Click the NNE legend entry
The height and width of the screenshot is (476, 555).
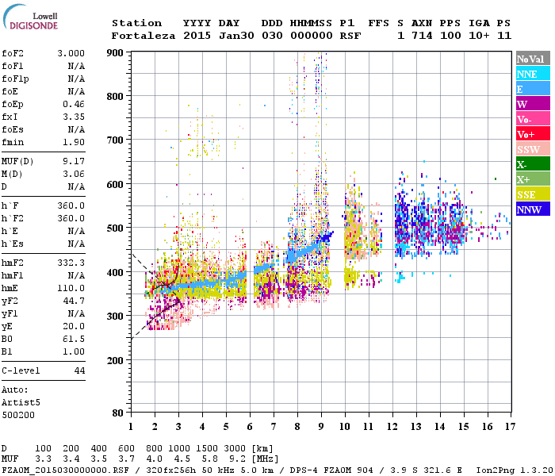coord(532,74)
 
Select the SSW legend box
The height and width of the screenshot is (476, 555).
coord(532,149)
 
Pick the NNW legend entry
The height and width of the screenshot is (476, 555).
coord(532,209)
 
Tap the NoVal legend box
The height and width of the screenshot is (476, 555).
coord(532,59)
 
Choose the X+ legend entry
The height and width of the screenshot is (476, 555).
coord(532,179)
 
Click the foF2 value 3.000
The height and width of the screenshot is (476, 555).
coord(71,53)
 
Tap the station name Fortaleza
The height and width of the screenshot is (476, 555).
coord(144,36)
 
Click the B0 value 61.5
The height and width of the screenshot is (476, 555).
coord(74,337)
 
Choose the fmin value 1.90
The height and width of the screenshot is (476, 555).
coord(74,141)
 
